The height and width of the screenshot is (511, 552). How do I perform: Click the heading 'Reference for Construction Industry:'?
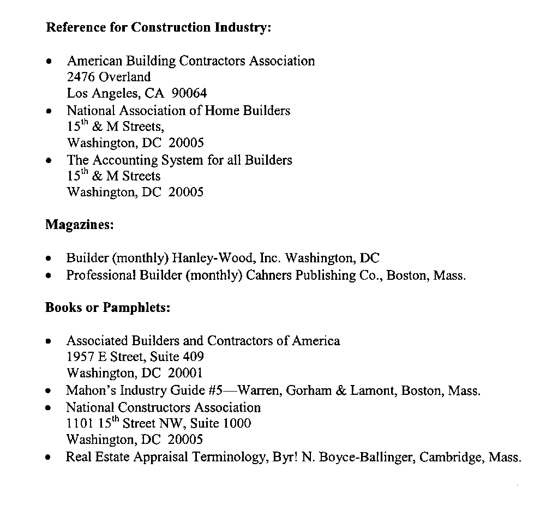[x=158, y=28]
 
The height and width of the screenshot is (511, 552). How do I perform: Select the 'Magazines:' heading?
[x=79, y=225]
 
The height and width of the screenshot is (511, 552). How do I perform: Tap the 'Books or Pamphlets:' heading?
[x=107, y=308]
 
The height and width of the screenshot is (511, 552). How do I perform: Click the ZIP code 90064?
[x=189, y=94]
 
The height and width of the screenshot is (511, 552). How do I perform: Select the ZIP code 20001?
[x=185, y=374]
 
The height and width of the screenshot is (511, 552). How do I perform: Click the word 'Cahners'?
[x=269, y=275]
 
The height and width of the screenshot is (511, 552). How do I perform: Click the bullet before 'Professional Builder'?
[x=50, y=276]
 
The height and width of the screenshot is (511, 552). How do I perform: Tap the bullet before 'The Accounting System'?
[x=50, y=161]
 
